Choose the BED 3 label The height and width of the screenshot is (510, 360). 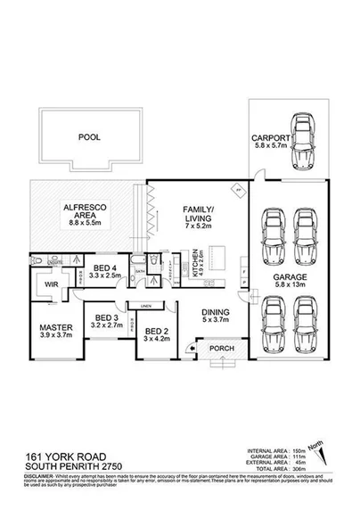pos(107,317)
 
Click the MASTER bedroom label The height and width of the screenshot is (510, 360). pos(55,327)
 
